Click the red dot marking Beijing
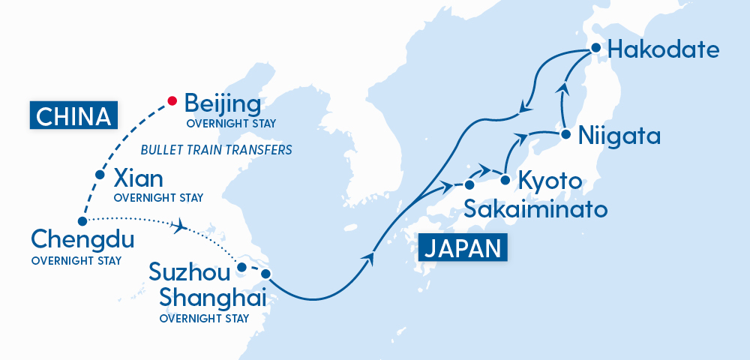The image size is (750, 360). coord(172,100)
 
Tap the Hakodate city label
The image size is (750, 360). coord(664,50)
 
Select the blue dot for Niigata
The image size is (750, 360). coord(562,135)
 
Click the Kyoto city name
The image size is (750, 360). coord(550,182)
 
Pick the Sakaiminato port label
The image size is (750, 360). coord(535,208)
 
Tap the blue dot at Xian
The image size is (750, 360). coord(100,175)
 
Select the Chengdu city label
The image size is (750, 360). coord(82,241)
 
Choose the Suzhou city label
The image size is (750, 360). coord(189,271)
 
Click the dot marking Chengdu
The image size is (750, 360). coord(82,220)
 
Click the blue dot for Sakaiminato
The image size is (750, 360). coord(469,184)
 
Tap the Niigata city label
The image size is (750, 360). coord(619,136)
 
